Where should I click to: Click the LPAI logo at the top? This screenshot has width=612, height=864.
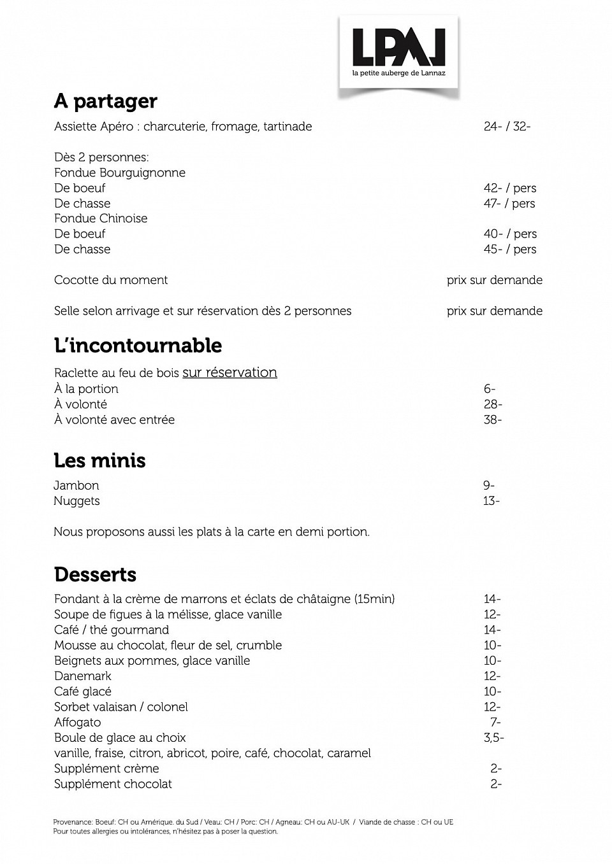coord(398,52)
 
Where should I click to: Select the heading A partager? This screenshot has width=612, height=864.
coord(105,101)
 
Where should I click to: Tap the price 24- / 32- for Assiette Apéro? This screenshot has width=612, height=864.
coord(507,126)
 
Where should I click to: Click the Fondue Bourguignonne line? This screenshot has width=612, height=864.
coord(120,173)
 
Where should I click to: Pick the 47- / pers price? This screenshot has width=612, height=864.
coord(509,203)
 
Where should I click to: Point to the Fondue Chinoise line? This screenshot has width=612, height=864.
coord(101,218)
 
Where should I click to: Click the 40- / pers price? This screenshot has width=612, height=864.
coord(510,234)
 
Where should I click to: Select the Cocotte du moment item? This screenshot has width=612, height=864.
coord(111,280)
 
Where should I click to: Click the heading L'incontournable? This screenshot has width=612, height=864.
coord(138,346)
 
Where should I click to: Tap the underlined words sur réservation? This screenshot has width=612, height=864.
coord(229,372)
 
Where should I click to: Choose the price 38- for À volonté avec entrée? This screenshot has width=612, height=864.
coord(493,420)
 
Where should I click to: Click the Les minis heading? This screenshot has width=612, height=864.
coord(99,460)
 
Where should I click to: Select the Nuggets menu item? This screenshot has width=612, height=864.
coord(76,501)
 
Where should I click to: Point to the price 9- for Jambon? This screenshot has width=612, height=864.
coord(489,485)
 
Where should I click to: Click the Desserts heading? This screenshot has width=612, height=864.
coord(95,574)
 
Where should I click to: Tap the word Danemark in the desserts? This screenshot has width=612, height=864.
coord(83,676)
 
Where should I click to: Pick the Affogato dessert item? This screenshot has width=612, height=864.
coord(78,722)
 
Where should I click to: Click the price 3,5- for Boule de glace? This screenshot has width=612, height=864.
coord(494,737)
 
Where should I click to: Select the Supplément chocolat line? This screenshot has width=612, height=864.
coord(113,784)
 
